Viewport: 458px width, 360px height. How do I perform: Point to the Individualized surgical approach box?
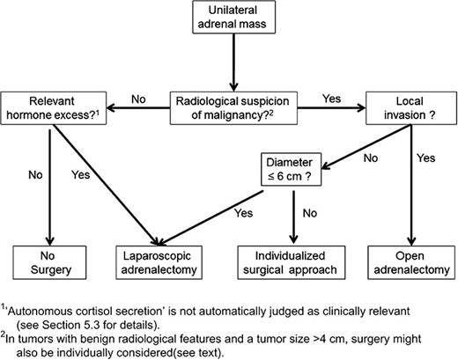(291, 263)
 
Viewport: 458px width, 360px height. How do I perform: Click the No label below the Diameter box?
(308, 211)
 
